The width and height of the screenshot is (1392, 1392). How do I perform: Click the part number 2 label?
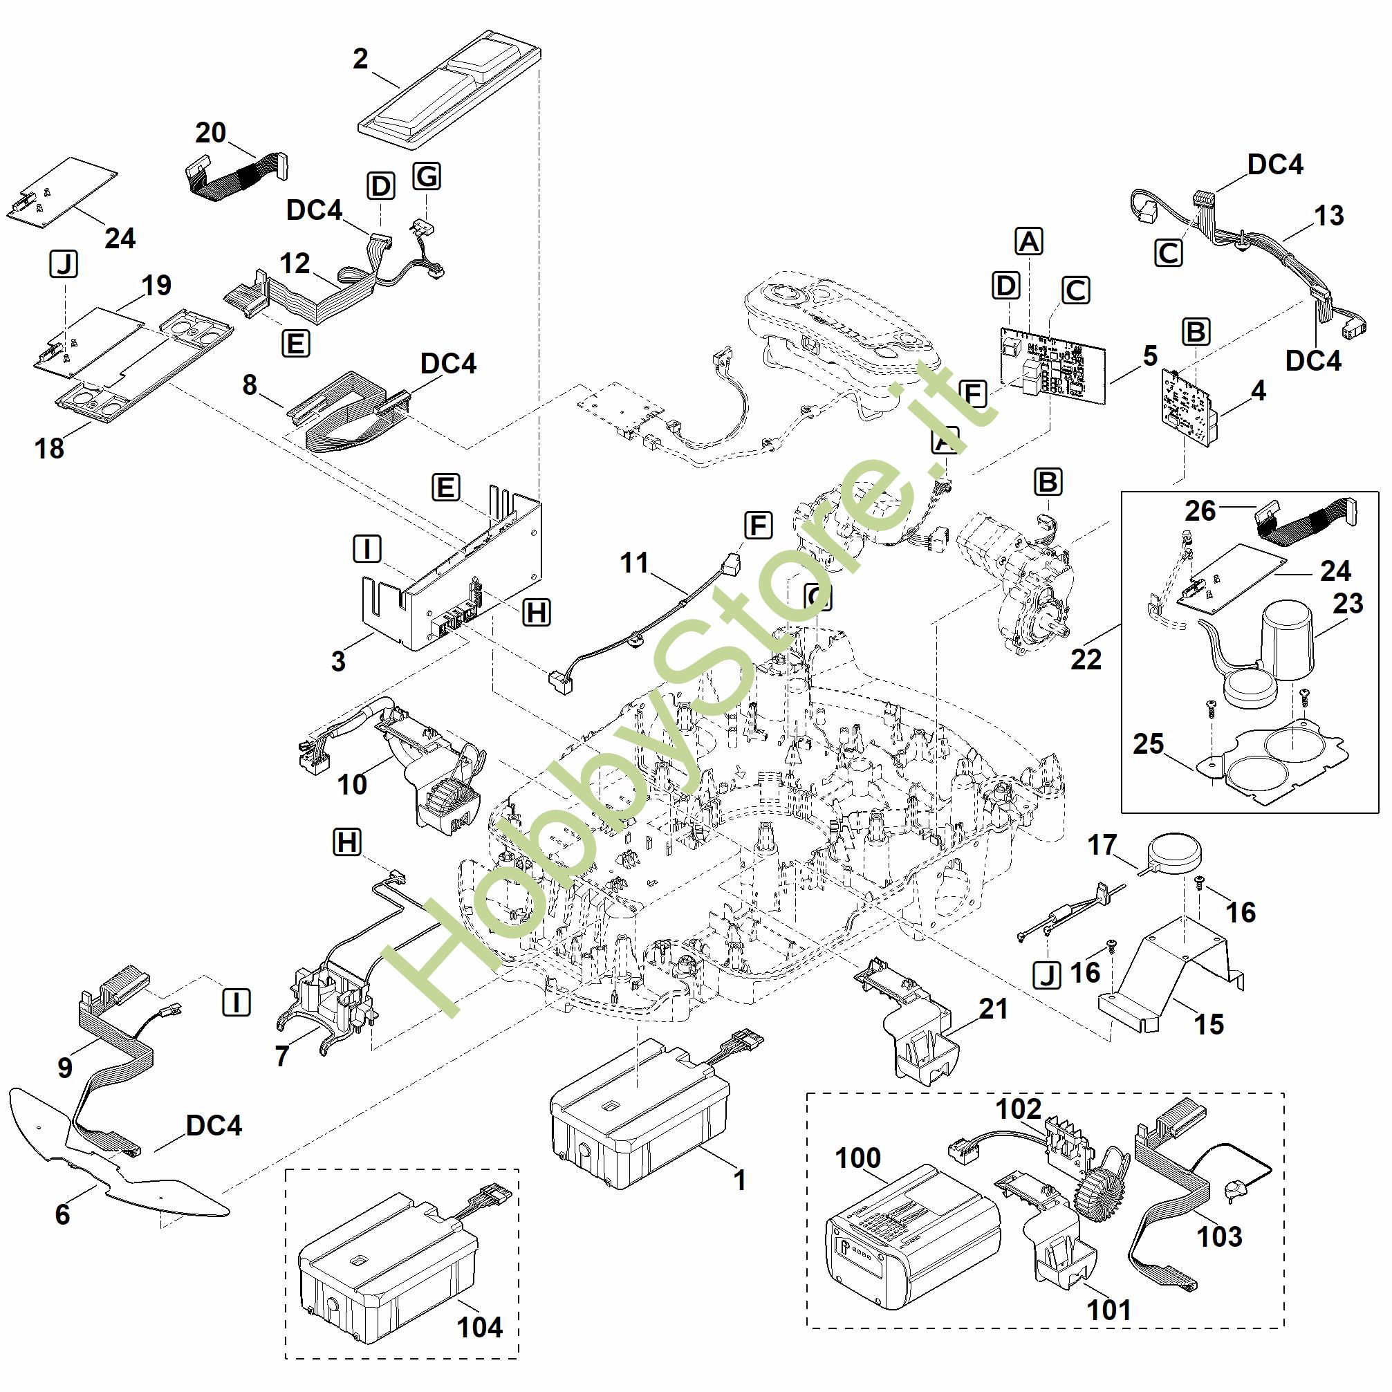pos(360,58)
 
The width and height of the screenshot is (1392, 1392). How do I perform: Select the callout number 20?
pos(210,133)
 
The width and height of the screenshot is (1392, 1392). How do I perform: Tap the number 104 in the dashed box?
pos(480,1326)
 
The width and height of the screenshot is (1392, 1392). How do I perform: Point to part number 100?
pos(857,1158)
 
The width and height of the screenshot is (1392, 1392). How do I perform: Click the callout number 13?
pos(1328,216)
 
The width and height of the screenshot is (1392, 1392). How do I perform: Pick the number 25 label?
pos(1149,743)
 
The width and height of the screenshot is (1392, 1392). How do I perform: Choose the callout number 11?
pos(634,563)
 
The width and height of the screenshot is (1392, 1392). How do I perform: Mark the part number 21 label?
pos(994,1009)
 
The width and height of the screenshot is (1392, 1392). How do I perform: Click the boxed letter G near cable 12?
pos(427,176)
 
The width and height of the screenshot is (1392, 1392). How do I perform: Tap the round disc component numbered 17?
pos(1174,853)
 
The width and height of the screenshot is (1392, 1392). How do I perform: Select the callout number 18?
pos(49,448)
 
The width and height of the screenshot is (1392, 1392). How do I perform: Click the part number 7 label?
pos(281,1056)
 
